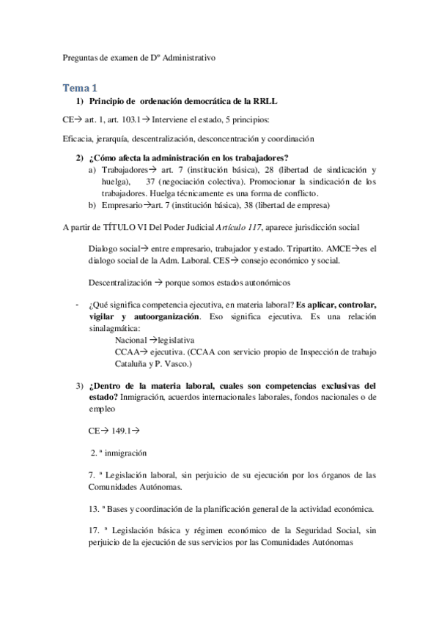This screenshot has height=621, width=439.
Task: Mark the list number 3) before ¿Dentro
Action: (80, 385)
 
